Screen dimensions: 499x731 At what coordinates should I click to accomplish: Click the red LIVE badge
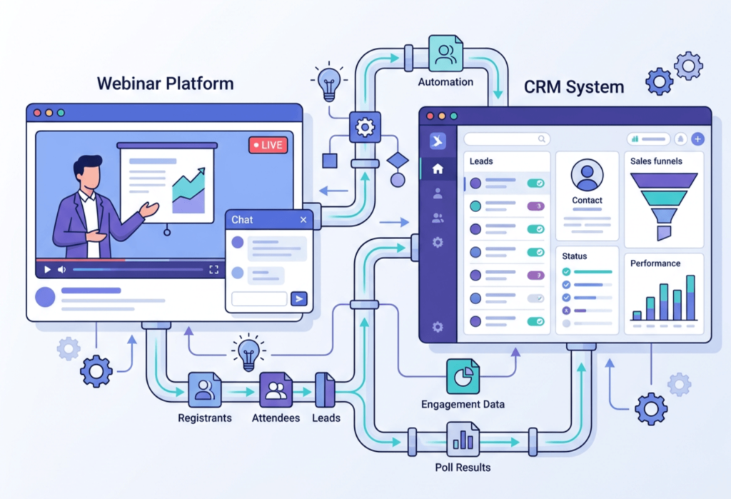point(267,145)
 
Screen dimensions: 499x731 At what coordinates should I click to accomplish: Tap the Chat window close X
point(303,220)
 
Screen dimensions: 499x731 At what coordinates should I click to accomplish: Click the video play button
point(47,270)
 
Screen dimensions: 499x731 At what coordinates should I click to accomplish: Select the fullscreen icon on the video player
point(213,270)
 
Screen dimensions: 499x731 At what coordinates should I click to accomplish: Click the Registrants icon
point(204,390)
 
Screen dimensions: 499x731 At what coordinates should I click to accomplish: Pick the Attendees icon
point(276,390)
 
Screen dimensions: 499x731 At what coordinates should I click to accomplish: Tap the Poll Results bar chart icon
point(463,439)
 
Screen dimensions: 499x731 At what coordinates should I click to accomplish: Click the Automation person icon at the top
point(446,54)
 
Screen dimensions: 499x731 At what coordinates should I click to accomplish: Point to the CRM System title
point(574,88)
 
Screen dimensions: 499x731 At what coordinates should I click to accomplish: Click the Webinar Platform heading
point(165,84)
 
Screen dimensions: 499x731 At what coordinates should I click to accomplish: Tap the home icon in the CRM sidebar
point(438,169)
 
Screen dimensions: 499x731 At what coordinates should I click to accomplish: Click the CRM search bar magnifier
point(543,139)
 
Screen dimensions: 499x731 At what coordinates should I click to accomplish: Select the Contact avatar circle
point(588,175)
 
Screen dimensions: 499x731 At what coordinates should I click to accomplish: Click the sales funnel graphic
point(664,204)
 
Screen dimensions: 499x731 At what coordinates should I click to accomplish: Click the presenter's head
point(88,171)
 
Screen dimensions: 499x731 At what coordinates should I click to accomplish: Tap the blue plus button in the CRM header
point(697,139)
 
